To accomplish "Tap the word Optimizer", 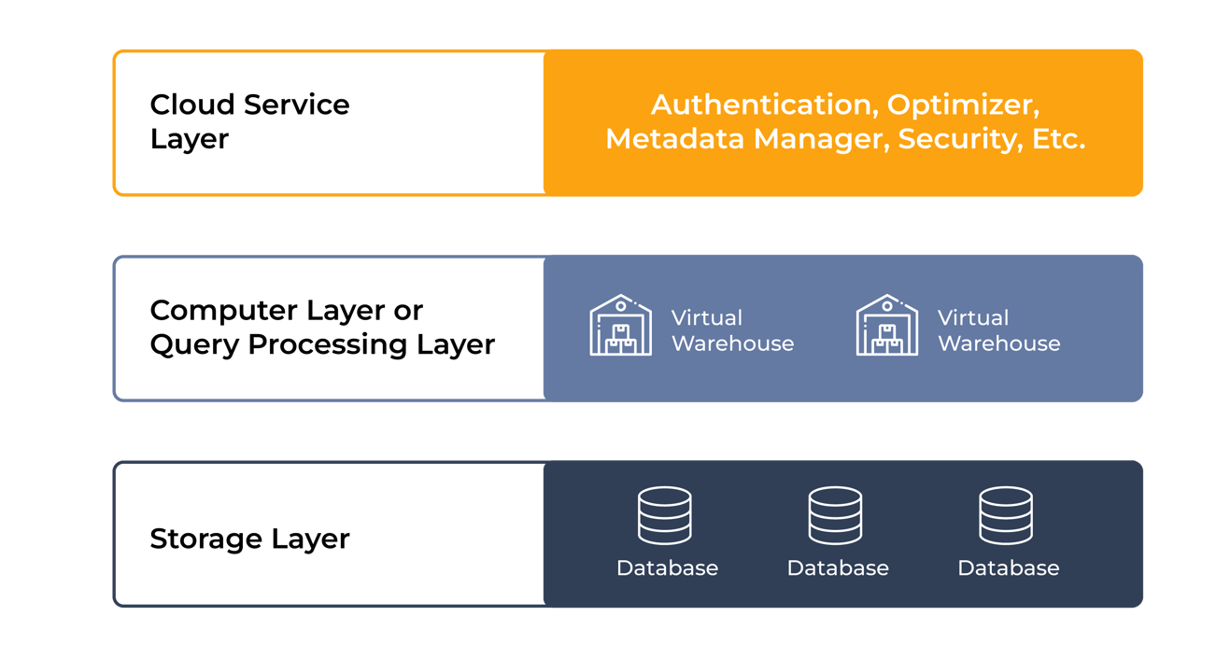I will click(961, 105).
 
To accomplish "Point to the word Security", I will click(955, 140).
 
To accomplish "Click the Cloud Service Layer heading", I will click(249, 121).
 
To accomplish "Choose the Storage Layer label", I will click(249, 539).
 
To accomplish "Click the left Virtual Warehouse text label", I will click(732, 330).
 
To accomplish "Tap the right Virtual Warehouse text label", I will click(998, 330).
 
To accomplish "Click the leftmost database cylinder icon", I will click(665, 515).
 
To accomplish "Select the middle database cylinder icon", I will click(835, 515).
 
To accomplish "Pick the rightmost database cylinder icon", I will click(1006, 515).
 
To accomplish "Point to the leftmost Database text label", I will click(667, 567).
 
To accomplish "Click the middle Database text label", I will click(838, 567).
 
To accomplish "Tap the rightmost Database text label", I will click(1009, 567).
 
